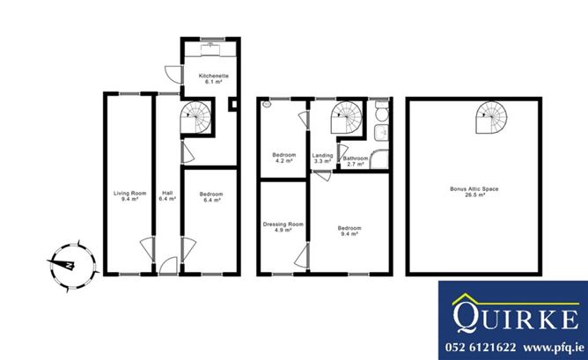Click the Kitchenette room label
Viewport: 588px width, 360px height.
(x=213, y=78)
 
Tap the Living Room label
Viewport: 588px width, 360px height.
(x=129, y=196)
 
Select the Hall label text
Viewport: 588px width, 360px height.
(x=167, y=196)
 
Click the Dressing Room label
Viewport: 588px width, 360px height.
(x=283, y=227)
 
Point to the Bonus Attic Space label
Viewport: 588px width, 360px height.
(x=474, y=192)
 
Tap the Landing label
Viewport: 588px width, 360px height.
(x=322, y=158)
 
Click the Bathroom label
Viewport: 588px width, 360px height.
(x=356, y=161)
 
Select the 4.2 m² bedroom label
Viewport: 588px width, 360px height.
(x=283, y=158)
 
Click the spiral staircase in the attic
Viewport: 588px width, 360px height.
(x=491, y=117)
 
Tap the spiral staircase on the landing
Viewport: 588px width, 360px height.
(x=346, y=117)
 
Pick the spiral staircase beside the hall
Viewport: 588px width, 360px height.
(x=195, y=117)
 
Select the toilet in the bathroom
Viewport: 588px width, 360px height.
(x=382, y=112)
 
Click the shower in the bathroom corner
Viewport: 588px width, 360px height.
(x=379, y=159)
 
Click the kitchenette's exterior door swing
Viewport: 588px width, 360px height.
(x=173, y=74)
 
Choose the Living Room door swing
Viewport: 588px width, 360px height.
(x=147, y=248)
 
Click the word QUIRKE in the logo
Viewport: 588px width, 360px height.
(x=516, y=318)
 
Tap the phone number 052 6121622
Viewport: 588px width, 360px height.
(x=481, y=348)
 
